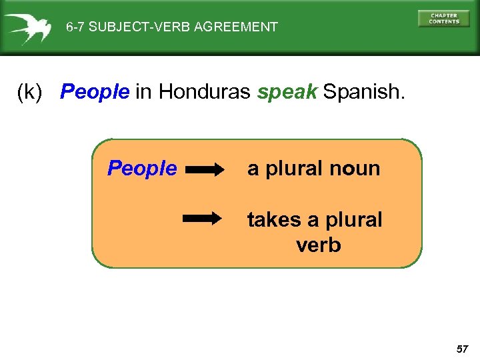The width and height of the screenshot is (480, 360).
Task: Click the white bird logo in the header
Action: click(27, 27)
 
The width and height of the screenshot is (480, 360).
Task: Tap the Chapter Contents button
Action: click(443, 19)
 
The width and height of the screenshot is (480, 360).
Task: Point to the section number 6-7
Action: click(76, 27)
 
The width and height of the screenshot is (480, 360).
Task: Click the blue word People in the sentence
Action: click(95, 92)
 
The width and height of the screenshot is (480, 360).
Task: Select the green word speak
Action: click(287, 92)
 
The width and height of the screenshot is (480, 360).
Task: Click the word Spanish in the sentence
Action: click(363, 92)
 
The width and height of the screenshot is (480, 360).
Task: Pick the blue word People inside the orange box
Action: click(142, 169)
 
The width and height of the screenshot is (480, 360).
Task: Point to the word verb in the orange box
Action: click(318, 245)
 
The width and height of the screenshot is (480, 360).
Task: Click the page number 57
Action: click(463, 349)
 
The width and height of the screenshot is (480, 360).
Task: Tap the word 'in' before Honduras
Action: click(143, 92)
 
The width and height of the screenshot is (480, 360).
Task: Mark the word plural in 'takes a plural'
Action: click(351, 219)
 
